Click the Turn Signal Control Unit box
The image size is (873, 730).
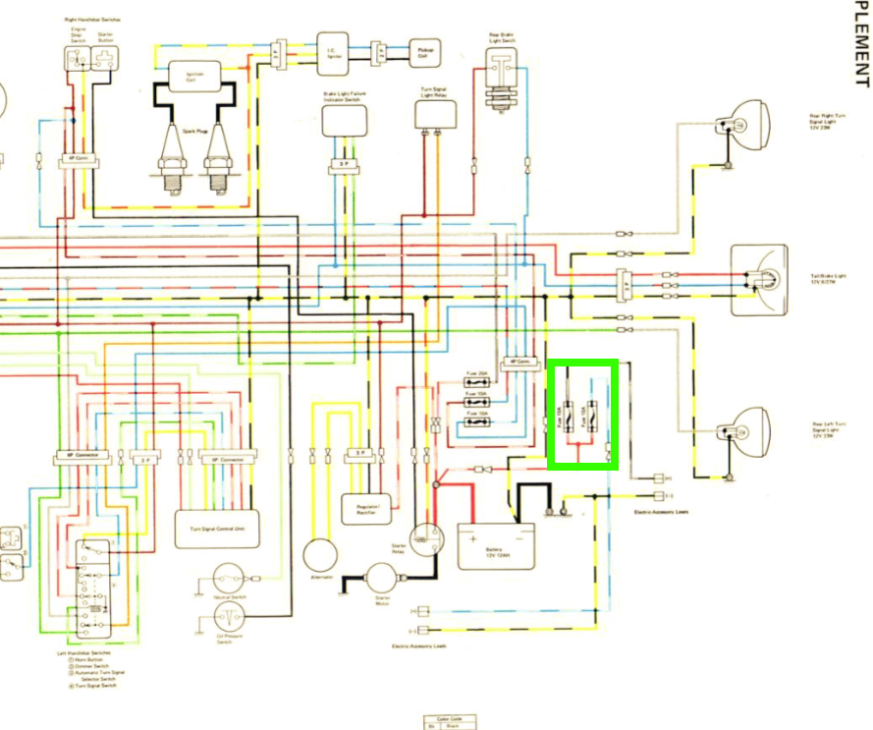217,528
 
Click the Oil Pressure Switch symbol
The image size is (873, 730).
229,618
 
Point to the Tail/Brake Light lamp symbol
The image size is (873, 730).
760,278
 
